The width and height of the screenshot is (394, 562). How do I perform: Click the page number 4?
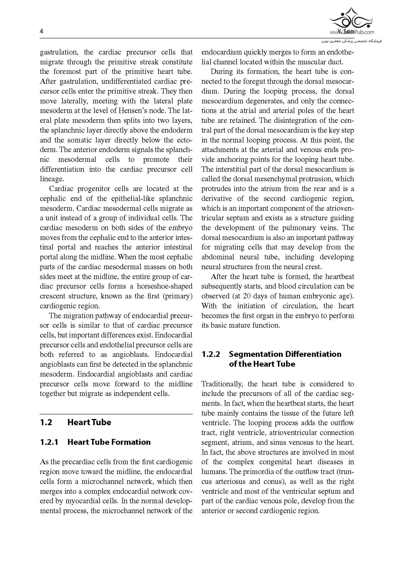point(42,31)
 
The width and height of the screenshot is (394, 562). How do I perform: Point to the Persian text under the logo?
point(352,41)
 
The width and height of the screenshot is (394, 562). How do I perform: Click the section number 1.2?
point(46,422)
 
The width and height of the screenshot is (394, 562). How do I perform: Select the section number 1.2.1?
point(49,442)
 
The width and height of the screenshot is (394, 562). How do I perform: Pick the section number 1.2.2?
point(211,354)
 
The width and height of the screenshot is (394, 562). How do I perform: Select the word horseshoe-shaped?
point(165,286)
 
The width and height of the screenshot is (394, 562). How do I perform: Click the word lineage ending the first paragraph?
point(51,179)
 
